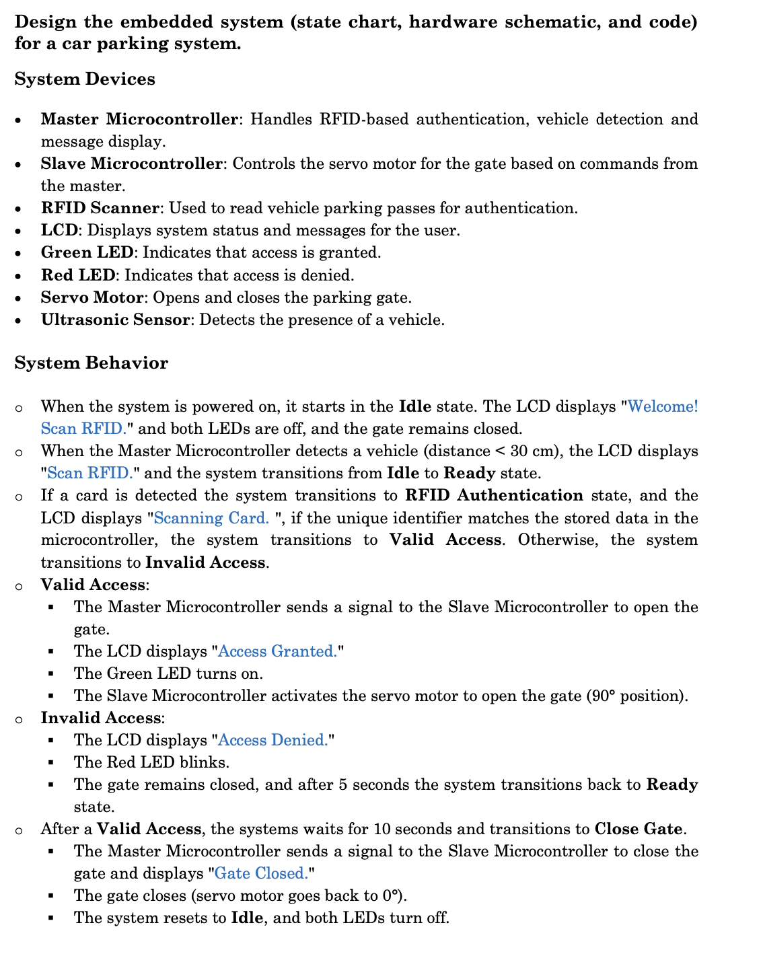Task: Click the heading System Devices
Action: tap(85, 79)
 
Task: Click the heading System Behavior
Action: tap(91, 363)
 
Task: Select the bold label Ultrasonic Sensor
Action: tap(115, 320)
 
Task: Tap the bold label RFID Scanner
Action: tap(100, 208)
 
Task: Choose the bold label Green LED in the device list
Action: tap(87, 252)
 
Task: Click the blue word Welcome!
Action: tap(663, 406)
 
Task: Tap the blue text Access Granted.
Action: tap(277, 651)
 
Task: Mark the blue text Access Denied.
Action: tap(272, 740)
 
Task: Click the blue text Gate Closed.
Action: tap(261, 873)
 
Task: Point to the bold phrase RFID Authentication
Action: tap(494, 496)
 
